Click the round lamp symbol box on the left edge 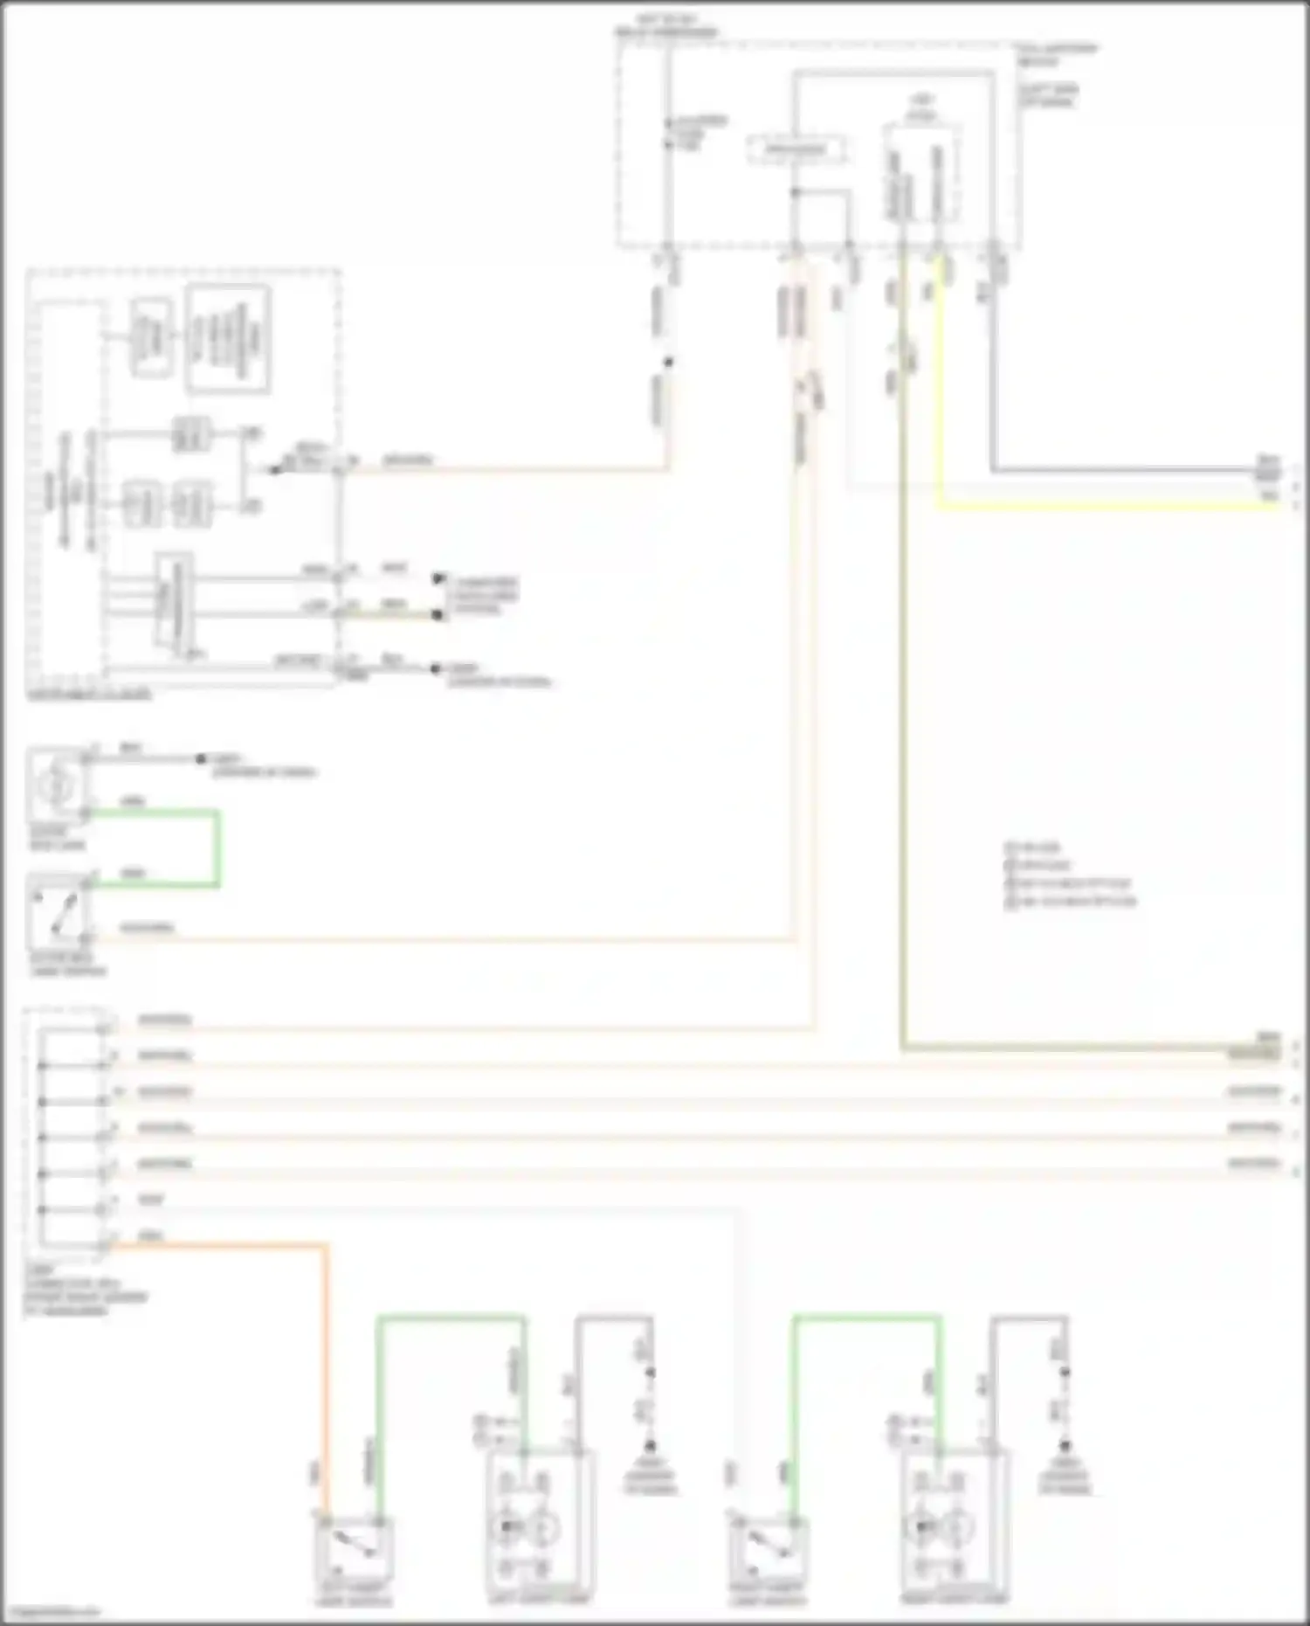pyautogui.click(x=57, y=785)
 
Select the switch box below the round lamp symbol pyautogui.click(x=58, y=911)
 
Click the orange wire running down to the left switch pyautogui.click(x=327, y=1354)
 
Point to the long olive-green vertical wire pyautogui.click(x=902, y=699)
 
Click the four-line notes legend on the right pyautogui.click(x=1070, y=874)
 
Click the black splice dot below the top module pyautogui.click(x=669, y=362)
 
